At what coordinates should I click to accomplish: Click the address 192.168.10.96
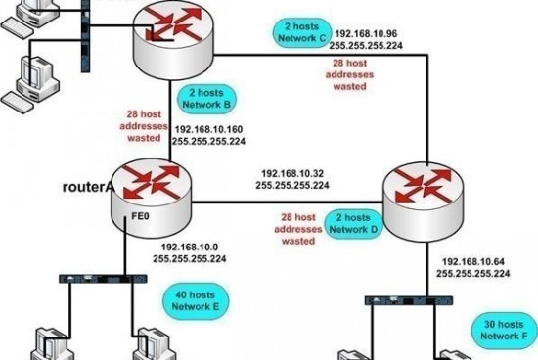(367, 31)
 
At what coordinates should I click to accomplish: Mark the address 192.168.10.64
(474, 262)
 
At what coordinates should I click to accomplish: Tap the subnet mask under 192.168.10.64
(474, 275)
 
